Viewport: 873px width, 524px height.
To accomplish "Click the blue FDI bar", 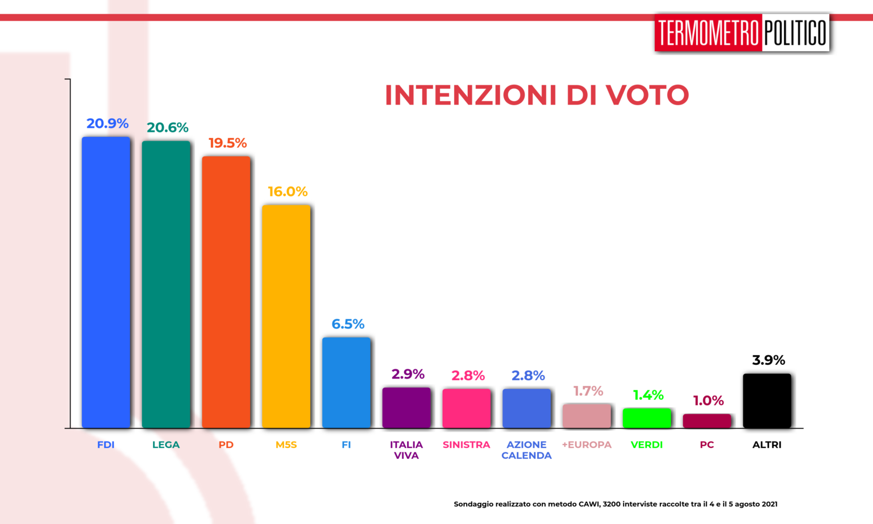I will (x=106, y=282).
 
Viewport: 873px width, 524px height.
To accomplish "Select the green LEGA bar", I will (x=166, y=284).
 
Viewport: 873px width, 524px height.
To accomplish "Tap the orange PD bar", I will (x=226, y=292).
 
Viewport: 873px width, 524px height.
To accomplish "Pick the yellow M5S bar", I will (x=286, y=316).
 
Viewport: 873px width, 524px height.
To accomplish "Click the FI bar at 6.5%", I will (x=346, y=382).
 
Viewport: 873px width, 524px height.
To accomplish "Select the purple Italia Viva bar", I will (x=406, y=407).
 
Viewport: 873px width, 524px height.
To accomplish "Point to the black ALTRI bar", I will (x=767, y=401).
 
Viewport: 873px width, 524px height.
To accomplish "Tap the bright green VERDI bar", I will (x=647, y=418).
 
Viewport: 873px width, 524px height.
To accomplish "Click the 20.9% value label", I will (x=107, y=123).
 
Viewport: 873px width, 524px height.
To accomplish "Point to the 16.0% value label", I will (x=288, y=192).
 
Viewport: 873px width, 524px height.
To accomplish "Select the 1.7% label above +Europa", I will (x=588, y=391).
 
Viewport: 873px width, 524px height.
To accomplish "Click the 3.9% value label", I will (x=768, y=360).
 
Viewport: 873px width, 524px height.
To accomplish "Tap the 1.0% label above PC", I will (x=708, y=401).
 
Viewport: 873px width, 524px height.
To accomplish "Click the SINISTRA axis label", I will (x=466, y=444).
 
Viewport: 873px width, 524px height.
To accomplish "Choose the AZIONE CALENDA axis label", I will (x=526, y=450).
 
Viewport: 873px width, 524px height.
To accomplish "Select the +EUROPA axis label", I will (x=587, y=444).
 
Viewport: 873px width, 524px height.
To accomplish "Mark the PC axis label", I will (x=706, y=444).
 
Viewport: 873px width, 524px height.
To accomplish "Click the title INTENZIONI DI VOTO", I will (x=537, y=95).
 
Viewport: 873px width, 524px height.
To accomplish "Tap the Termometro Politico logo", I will (x=742, y=33).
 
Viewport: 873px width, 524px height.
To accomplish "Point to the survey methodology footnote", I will (x=615, y=504).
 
